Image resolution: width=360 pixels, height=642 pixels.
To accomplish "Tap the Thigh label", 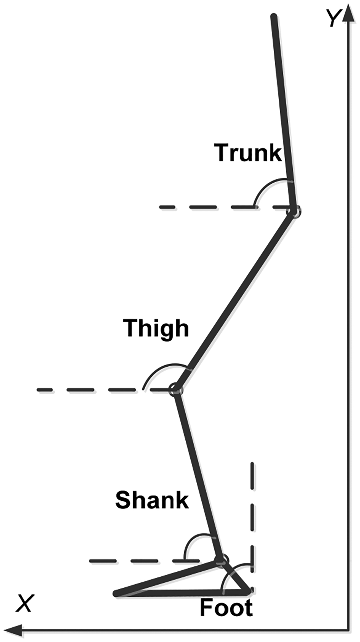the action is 156,328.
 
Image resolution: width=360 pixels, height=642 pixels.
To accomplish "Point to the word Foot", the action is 226,608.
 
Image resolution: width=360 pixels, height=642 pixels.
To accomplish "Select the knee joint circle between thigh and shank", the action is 176,389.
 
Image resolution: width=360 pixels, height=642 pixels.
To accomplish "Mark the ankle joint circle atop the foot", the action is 221,560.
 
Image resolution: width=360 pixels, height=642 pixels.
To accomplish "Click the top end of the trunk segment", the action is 274,16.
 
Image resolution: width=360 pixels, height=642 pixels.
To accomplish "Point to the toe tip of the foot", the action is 115,593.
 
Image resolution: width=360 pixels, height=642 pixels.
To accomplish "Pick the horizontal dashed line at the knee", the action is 89,389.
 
